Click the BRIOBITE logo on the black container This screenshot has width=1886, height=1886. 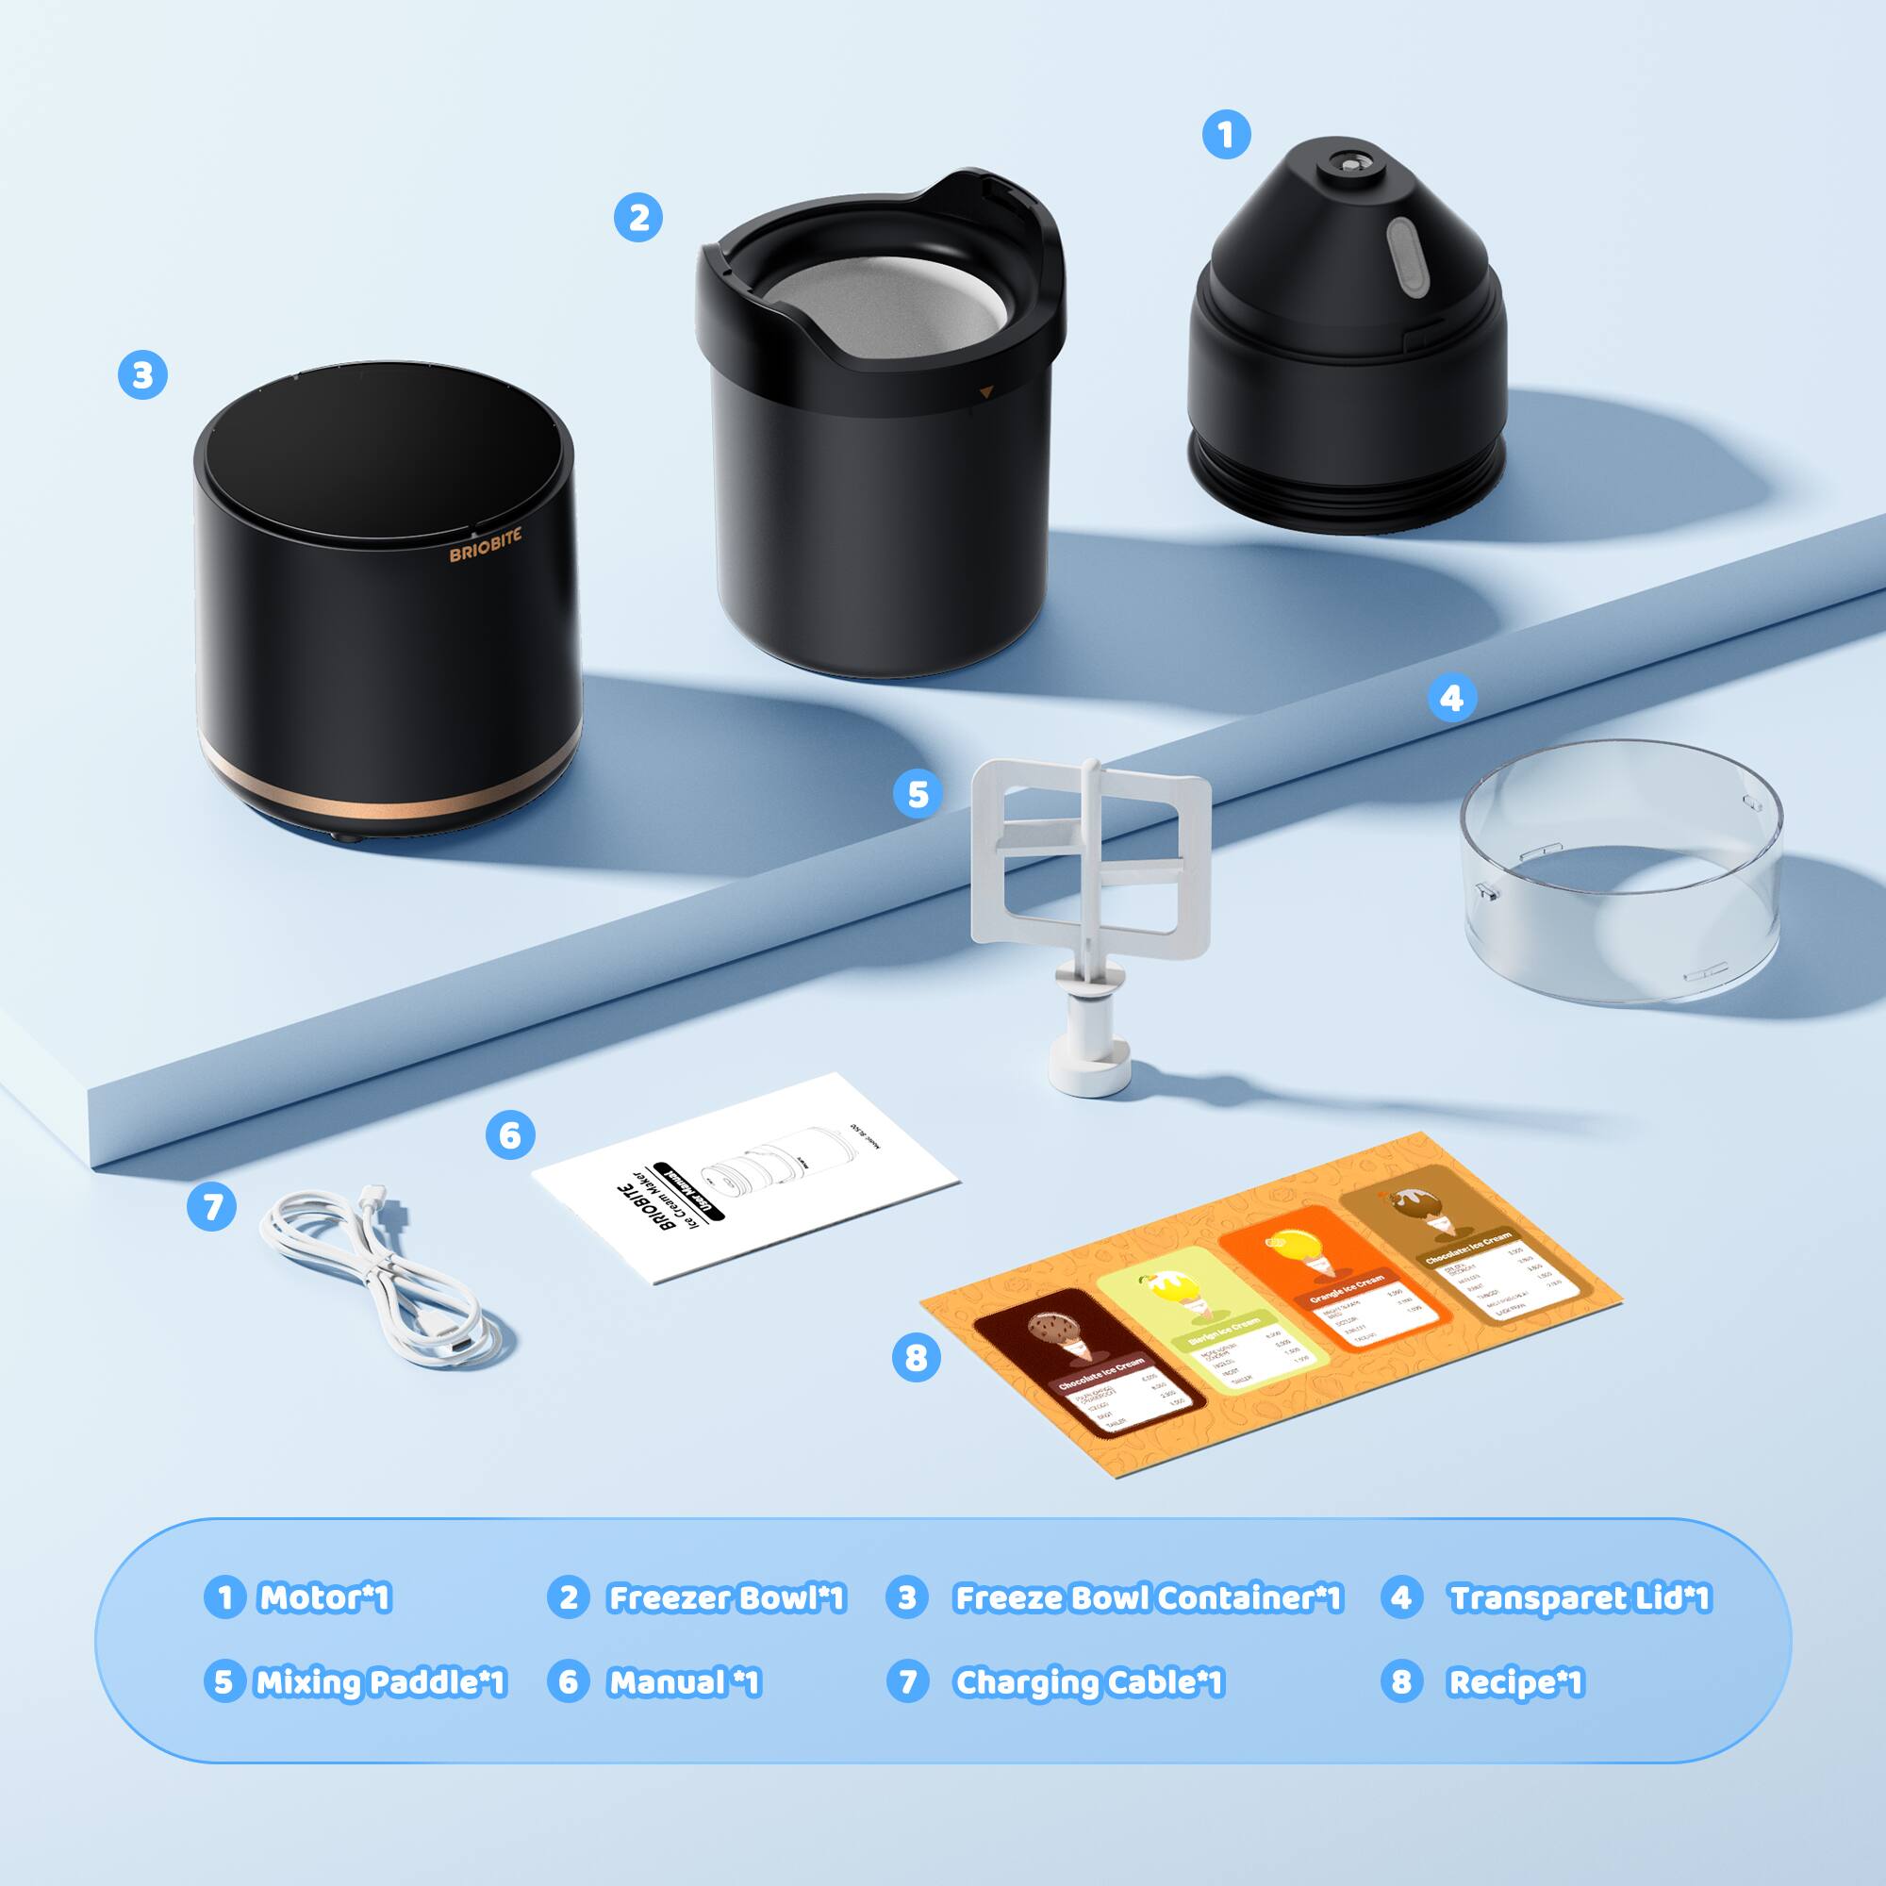(x=485, y=545)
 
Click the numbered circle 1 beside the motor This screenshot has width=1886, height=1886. (x=1226, y=134)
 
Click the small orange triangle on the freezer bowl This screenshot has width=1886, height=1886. (x=986, y=392)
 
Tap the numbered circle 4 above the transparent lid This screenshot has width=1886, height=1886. (x=1451, y=698)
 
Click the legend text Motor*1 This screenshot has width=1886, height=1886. (x=323, y=1598)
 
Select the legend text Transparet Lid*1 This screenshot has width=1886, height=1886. (x=1579, y=1598)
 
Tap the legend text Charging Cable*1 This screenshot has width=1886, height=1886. (x=1087, y=1682)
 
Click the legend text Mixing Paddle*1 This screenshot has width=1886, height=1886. (x=380, y=1682)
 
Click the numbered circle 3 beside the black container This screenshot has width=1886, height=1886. (x=142, y=375)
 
